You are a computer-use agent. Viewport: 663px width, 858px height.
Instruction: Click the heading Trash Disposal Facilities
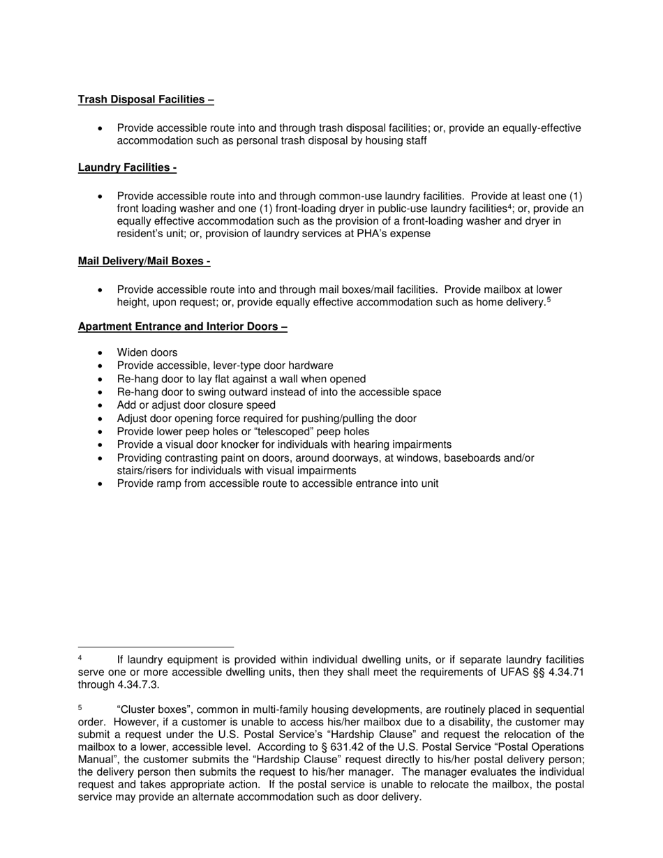[145, 100]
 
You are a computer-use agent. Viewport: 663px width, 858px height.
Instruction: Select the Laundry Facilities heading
[127, 167]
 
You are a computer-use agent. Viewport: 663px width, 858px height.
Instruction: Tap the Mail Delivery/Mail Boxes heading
[144, 262]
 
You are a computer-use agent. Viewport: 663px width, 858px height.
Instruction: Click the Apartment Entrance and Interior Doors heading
[182, 326]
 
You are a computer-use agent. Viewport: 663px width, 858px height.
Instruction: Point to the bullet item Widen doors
[147, 353]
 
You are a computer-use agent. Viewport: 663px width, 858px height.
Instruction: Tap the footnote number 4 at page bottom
[80, 658]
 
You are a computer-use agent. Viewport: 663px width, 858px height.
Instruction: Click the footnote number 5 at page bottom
[80, 707]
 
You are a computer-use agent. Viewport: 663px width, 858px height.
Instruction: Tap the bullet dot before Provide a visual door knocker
[101, 445]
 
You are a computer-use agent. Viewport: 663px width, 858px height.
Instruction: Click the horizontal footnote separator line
[156, 647]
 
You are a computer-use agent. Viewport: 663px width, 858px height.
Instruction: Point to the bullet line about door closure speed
[196, 405]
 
